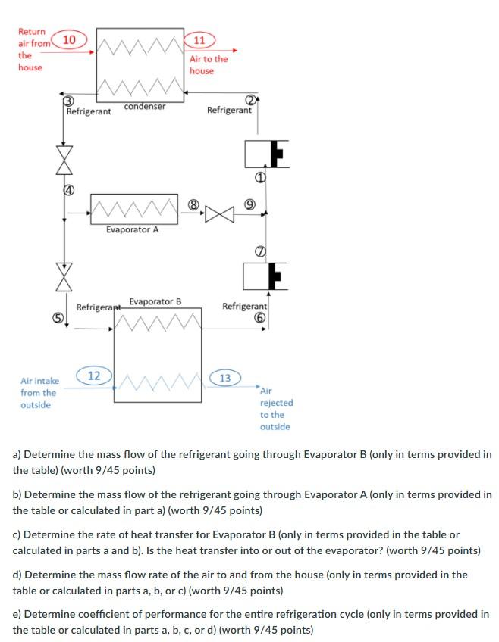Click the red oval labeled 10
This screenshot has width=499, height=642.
pyautogui.click(x=68, y=39)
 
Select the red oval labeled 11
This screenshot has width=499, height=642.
pyautogui.click(x=199, y=40)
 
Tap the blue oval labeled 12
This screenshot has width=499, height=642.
pyautogui.click(x=94, y=376)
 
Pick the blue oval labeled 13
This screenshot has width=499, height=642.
pyautogui.click(x=225, y=378)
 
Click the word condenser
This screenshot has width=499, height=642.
pyautogui.click(x=144, y=107)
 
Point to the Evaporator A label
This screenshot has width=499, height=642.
pyautogui.click(x=133, y=230)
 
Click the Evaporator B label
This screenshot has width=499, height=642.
pyautogui.click(x=155, y=301)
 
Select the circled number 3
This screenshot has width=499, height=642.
pyautogui.click(x=68, y=101)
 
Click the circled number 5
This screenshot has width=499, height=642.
pyautogui.click(x=56, y=319)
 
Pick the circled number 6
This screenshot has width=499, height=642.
pyautogui.click(x=258, y=319)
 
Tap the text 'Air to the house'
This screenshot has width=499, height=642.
pyautogui.click(x=208, y=64)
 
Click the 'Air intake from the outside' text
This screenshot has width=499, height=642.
pyautogui.click(x=38, y=393)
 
